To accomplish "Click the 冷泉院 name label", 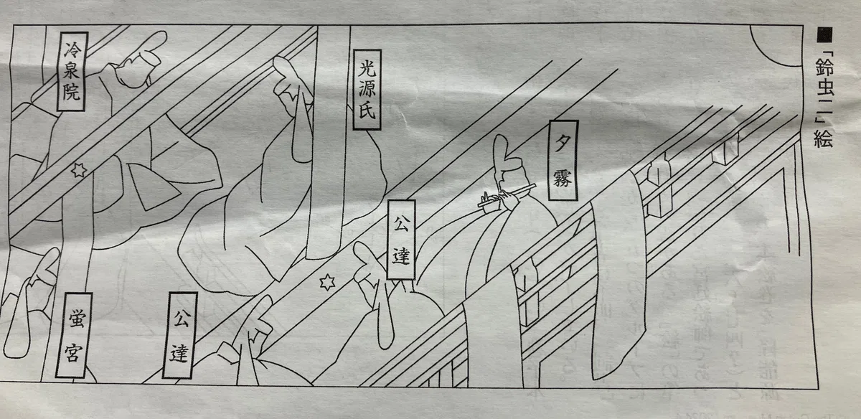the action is click(72, 72).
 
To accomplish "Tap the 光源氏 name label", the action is click(367, 90).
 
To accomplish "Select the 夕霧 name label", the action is click(563, 160).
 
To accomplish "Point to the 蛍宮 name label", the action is click(74, 335).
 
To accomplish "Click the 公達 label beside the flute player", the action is click(401, 240).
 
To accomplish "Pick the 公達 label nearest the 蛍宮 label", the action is click(180, 335).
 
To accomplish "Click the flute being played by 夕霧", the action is click(507, 196).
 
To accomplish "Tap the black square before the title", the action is click(824, 34).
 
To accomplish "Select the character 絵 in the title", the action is click(823, 138).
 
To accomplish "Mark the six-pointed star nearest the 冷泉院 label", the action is click(79, 170).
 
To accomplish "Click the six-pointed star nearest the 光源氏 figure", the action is click(327, 283).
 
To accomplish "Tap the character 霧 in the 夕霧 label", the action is click(563, 179).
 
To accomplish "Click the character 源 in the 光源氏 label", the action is click(367, 90).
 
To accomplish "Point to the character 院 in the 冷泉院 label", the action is click(72, 92).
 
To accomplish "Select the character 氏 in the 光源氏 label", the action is click(367, 111).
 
